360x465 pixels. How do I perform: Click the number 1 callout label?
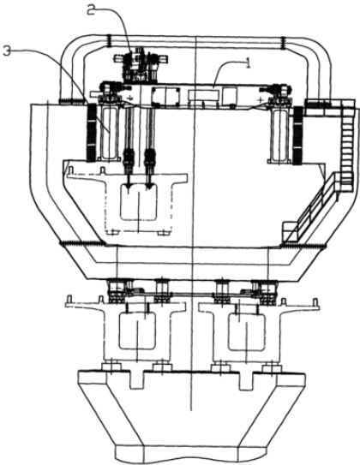[247, 63]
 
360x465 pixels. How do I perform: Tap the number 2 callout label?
[93, 9]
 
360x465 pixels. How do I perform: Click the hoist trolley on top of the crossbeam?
[141, 64]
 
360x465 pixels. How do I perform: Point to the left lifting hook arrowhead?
[129, 186]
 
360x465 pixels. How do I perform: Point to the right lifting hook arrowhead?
[149, 186]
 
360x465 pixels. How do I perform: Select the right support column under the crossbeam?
[279, 134]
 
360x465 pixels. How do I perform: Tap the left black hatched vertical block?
[91, 133]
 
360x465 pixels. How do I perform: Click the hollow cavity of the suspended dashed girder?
[139, 202]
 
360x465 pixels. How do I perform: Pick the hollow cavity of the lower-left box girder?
[137, 331]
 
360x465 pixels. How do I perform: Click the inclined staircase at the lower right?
[311, 207]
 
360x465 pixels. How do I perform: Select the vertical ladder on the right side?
[347, 142]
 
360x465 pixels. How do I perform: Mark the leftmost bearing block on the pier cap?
[111, 367]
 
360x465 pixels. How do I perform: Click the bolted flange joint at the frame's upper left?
[109, 41]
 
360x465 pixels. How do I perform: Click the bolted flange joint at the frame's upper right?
[283, 42]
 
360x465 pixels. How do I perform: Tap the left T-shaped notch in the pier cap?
[137, 379]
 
